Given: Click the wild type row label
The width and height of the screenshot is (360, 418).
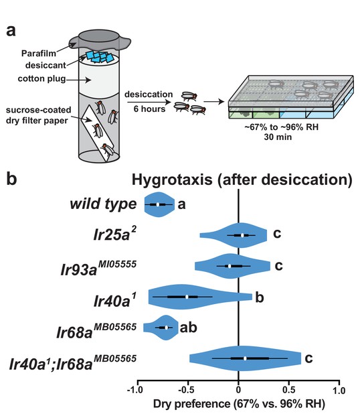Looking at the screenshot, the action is tap(103, 204).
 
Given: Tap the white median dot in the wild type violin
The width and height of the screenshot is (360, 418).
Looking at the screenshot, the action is tap(158, 204).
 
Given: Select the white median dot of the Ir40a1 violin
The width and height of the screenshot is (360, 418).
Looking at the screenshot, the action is tap(187, 297).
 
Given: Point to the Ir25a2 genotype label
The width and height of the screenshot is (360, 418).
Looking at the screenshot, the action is tap(115, 233).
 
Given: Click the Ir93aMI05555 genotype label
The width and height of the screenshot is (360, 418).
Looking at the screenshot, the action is tap(98, 268).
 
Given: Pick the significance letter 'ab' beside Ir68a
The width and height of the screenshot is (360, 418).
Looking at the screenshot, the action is tap(188, 328).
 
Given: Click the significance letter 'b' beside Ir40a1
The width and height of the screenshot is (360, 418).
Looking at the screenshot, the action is tap(260, 297).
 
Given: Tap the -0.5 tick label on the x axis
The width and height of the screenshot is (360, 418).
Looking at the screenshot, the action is tap(187, 390).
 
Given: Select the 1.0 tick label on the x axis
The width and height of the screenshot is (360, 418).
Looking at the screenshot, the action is tap(339, 391).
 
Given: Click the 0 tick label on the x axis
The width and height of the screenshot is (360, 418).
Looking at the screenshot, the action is tap(238, 390).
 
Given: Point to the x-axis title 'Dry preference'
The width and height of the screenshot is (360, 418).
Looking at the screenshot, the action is tap(192, 404).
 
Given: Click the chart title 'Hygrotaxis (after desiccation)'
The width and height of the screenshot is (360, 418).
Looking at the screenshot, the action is tap(242, 180).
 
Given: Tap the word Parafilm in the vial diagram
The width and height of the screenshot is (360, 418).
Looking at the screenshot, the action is tap(39, 54).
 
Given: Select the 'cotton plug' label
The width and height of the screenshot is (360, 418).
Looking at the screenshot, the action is tap(41, 79).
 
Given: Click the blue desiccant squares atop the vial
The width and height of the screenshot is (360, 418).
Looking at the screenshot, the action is tap(100, 56).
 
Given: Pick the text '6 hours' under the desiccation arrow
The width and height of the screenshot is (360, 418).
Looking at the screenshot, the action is tap(149, 109).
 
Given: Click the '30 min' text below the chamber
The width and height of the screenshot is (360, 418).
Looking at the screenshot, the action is tap(278, 137).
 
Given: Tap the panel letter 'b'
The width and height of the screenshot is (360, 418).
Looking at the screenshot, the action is tap(11, 178).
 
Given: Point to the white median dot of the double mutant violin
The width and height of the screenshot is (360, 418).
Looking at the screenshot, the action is tap(245, 358).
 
